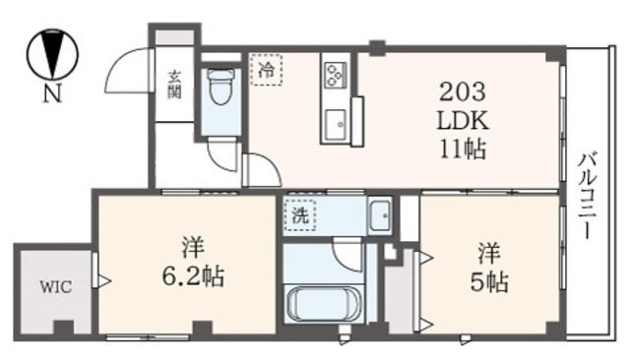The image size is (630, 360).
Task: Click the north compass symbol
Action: (x=47, y=56)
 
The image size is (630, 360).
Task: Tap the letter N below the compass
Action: (x=48, y=95)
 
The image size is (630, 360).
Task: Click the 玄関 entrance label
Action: (x=174, y=85)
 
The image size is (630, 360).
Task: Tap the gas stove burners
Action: (x=334, y=75)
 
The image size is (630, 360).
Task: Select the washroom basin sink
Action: (x=380, y=215)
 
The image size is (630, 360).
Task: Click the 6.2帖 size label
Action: (x=193, y=276)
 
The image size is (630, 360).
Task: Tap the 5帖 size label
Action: (x=488, y=282)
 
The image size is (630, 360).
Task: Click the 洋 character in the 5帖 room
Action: (x=488, y=252)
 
